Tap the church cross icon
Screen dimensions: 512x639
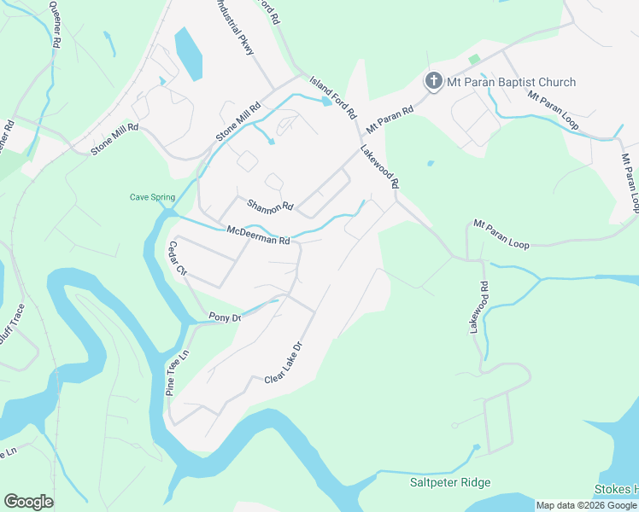point(433,82)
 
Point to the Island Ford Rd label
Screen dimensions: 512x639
point(332,95)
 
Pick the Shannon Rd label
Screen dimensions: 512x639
point(270,206)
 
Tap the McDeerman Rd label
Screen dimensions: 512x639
point(258,234)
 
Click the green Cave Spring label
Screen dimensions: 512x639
point(152,197)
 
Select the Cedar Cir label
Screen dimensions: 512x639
point(178,259)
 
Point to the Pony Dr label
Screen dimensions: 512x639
point(226,317)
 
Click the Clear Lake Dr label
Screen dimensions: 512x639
point(284,364)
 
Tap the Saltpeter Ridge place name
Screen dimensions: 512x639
point(450,483)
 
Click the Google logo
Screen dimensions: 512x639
point(28,502)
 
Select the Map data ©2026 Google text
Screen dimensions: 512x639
point(586,505)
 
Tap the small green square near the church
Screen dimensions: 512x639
point(474,59)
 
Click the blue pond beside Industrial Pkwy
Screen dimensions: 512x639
point(188,53)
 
